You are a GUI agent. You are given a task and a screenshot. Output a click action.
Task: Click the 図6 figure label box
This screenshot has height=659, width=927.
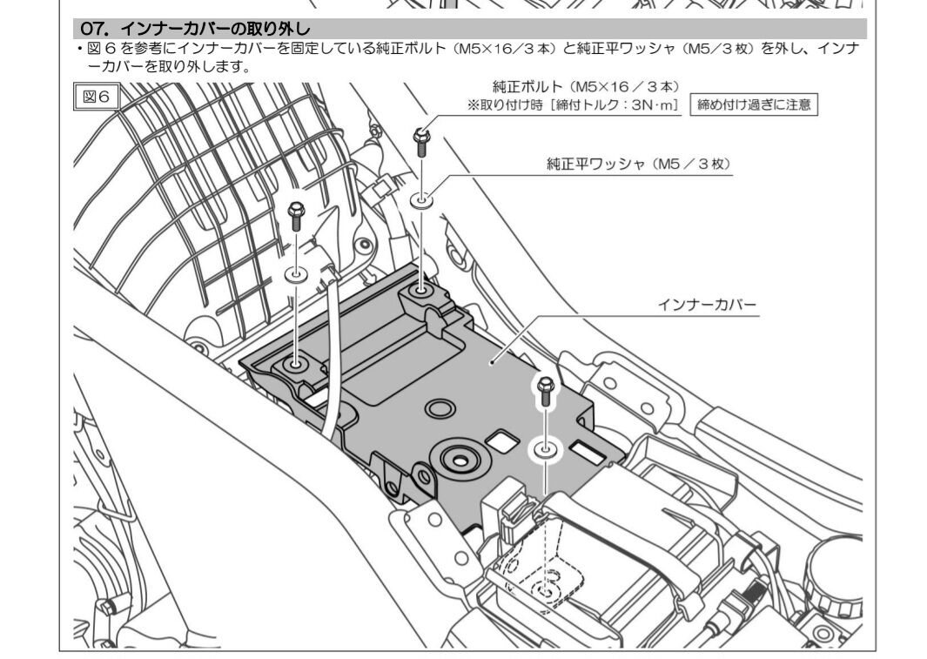point(97,97)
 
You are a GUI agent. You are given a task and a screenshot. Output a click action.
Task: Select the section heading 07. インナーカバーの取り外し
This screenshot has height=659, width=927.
point(195,29)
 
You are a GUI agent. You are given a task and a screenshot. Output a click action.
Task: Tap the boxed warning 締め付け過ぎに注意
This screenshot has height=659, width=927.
point(754,104)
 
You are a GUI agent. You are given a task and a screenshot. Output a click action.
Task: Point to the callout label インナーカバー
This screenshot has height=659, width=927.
point(707,305)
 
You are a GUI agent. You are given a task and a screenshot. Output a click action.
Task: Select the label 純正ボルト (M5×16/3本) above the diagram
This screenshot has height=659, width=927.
point(586,87)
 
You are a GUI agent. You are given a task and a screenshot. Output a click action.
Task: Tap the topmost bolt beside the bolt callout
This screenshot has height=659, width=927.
point(421,143)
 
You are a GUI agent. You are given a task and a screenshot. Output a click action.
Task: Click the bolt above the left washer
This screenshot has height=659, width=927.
point(296,216)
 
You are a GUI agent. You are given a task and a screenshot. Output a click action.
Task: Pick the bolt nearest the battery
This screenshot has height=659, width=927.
point(545,391)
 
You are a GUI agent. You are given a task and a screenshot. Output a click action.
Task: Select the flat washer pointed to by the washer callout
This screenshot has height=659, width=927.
point(421,200)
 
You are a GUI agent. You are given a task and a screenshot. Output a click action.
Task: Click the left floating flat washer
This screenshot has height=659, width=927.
point(296,274)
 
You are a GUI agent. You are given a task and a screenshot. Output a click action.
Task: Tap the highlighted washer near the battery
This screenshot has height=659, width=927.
point(545,450)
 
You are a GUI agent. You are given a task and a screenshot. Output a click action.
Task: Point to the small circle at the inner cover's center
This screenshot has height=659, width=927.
point(440,407)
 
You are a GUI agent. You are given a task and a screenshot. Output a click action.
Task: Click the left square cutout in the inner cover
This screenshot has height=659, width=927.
point(502,440)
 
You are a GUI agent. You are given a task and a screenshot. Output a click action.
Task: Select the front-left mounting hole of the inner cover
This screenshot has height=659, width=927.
point(295,364)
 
